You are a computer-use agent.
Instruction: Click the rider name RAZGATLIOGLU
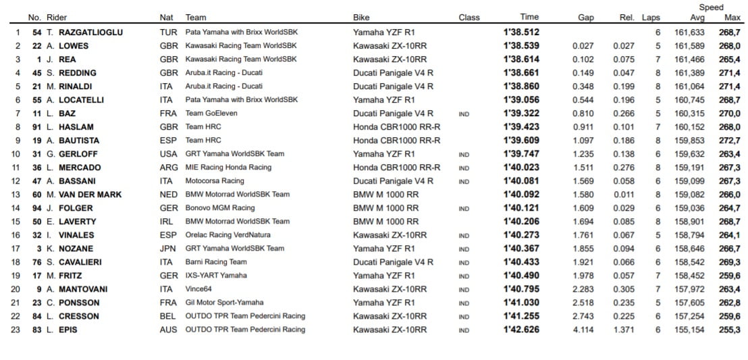pyautogui.click(x=91, y=32)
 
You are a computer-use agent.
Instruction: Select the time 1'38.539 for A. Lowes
pyautogui.click(x=520, y=46)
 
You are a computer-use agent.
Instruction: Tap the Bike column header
pyautogui.click(x=361, y=18)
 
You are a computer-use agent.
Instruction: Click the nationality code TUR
pyautogui.click(x=167, y=32)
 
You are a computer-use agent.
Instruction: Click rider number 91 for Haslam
pyautogui.click(x=38, y=127)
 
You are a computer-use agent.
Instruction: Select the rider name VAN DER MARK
pyautogui.click(x=92, y=195)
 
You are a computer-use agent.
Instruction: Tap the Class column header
pyautogui.click(x=469, y=18)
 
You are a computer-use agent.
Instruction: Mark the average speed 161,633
pyautogui.click(x=689, y=32)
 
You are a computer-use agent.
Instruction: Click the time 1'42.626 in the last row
pyautogui.click(x=520, y=330)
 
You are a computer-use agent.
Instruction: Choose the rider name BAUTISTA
pyautogui.click(x=78, y=140)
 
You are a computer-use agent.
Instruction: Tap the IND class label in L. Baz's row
pyautogui.click(x=463, y=114)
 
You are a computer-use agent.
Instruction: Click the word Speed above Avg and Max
pyautogui.click(x=711, y=7)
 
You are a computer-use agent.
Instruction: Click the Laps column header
pyautogui.click(x=651, y=18)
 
